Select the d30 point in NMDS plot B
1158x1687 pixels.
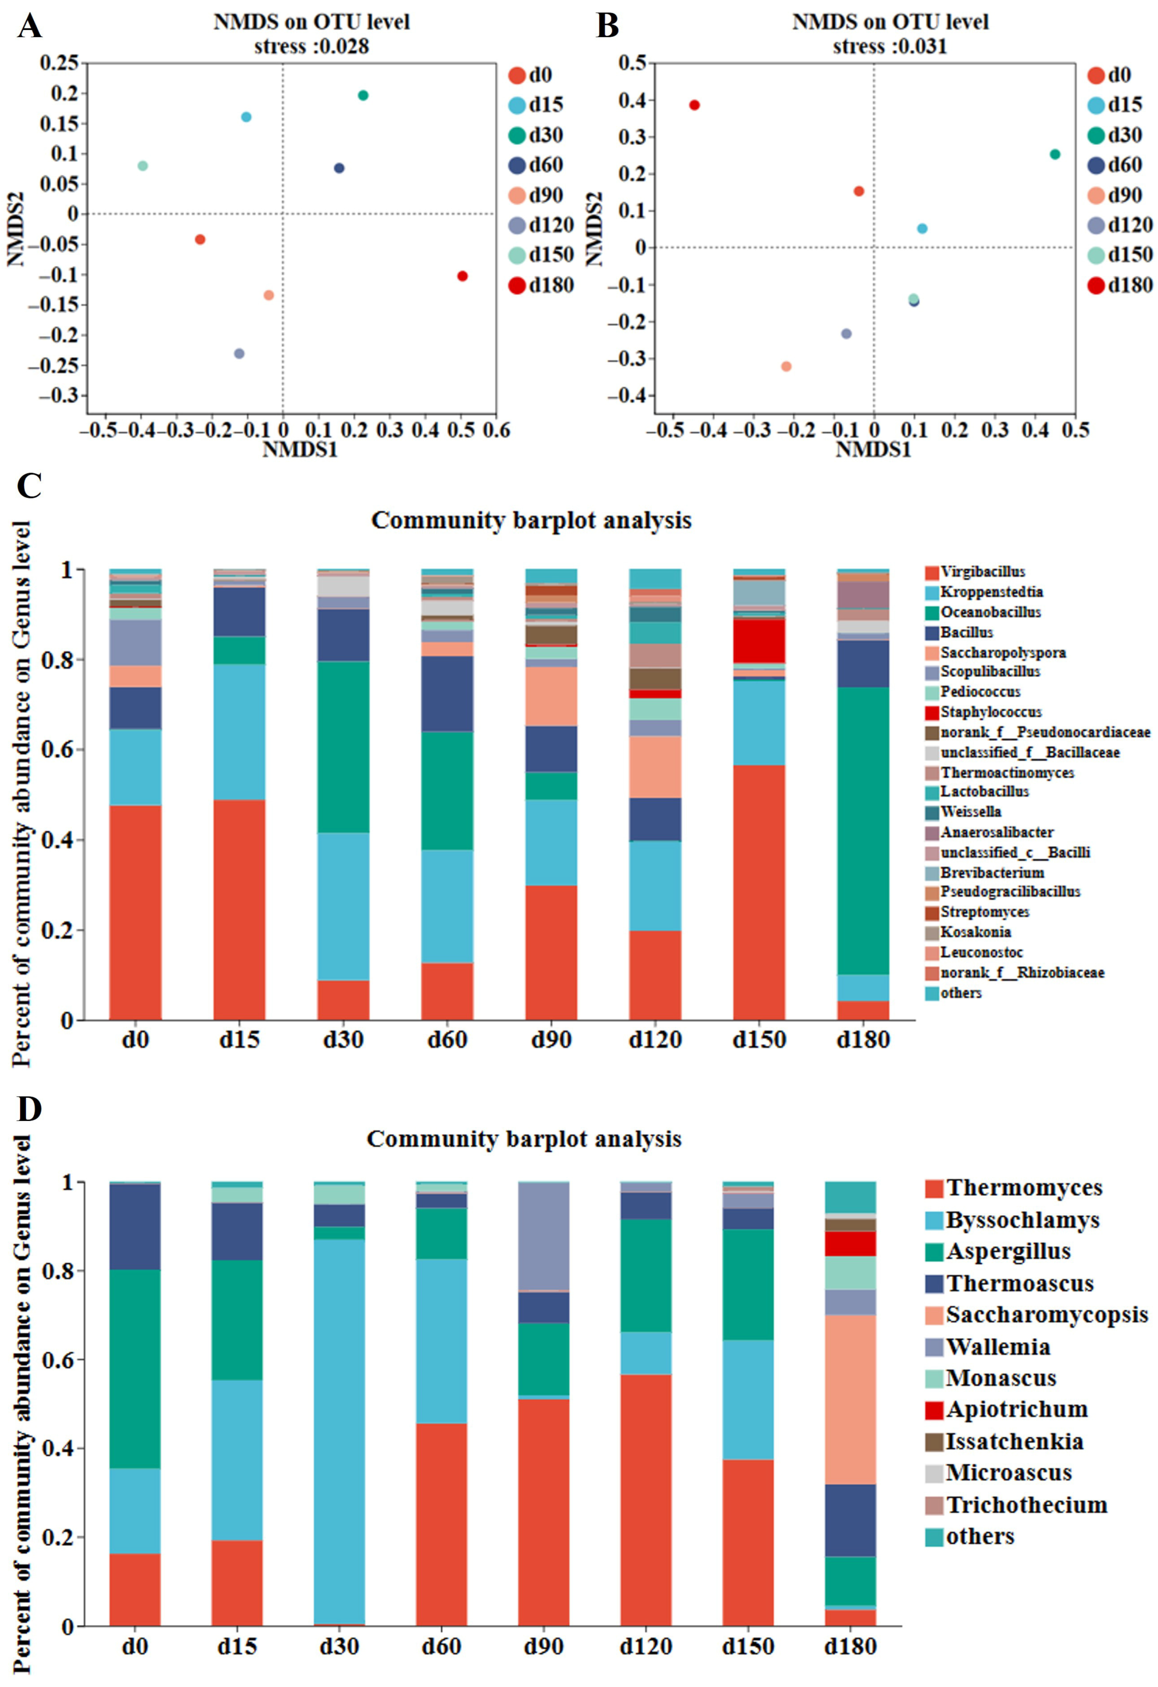tap(1055, 154)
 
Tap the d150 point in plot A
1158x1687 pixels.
tap(143, 165)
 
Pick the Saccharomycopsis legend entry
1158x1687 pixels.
tap(1045, 1315)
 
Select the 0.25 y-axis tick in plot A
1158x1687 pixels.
tap(59, 63)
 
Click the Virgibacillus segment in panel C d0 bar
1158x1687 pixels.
tap(135, 913)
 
